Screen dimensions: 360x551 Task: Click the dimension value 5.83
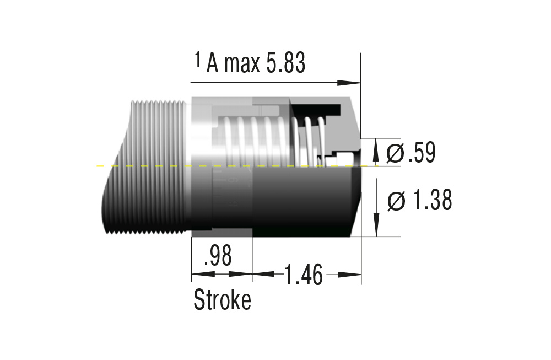tap(285, 64)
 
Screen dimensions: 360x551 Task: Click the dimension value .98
tap(217, 256)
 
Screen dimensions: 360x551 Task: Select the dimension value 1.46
tap(303, 274)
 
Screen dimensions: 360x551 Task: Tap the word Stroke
tap(222, 300)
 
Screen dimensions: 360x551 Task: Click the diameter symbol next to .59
tap(395, 153)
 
